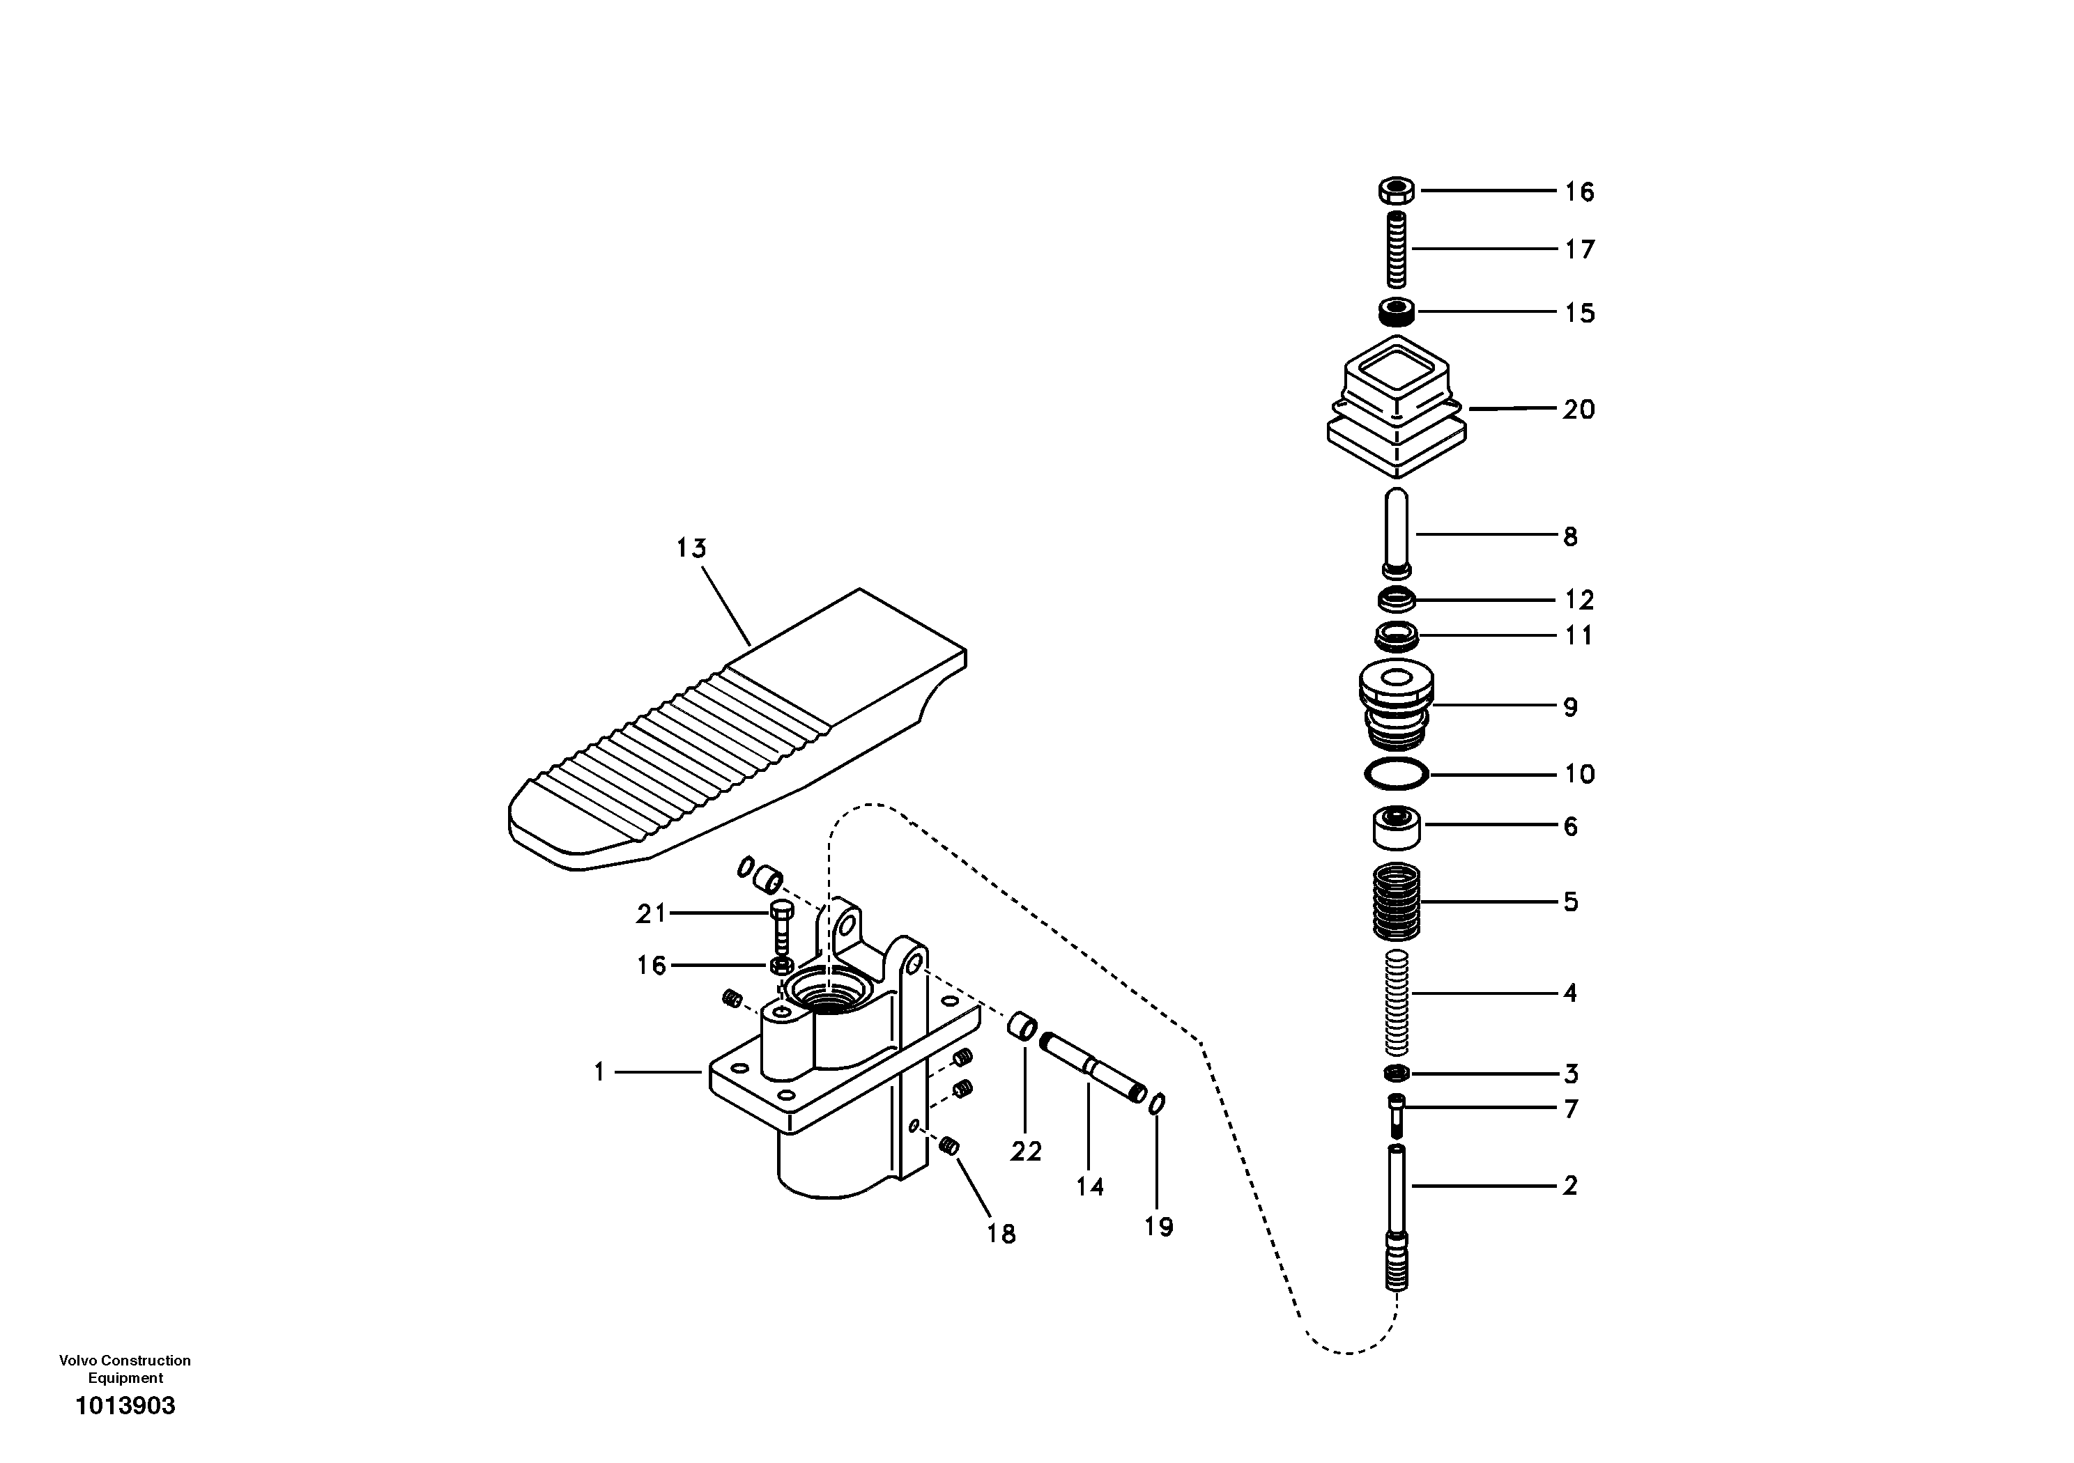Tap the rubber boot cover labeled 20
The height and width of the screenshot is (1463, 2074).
(x=1397, y=408)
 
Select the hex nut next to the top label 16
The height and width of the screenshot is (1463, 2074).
(x=1397, y=191)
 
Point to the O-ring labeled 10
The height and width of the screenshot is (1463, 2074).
(x=1397, y=774)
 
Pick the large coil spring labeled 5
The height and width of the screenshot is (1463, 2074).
(x=1397, y=901)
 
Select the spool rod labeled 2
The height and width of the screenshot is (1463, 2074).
(x=1397, y=1215)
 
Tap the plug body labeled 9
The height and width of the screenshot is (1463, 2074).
(x=1397, y=706)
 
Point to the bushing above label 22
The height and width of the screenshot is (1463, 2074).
(x=1022, y=1027)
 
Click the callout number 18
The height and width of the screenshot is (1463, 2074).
(x=1001, y=1234)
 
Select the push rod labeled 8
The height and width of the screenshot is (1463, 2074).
(x=1397, y=533)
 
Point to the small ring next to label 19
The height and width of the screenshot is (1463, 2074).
(x=1157, y=1104)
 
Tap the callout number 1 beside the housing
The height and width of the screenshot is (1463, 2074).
(x=599, y=1072)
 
